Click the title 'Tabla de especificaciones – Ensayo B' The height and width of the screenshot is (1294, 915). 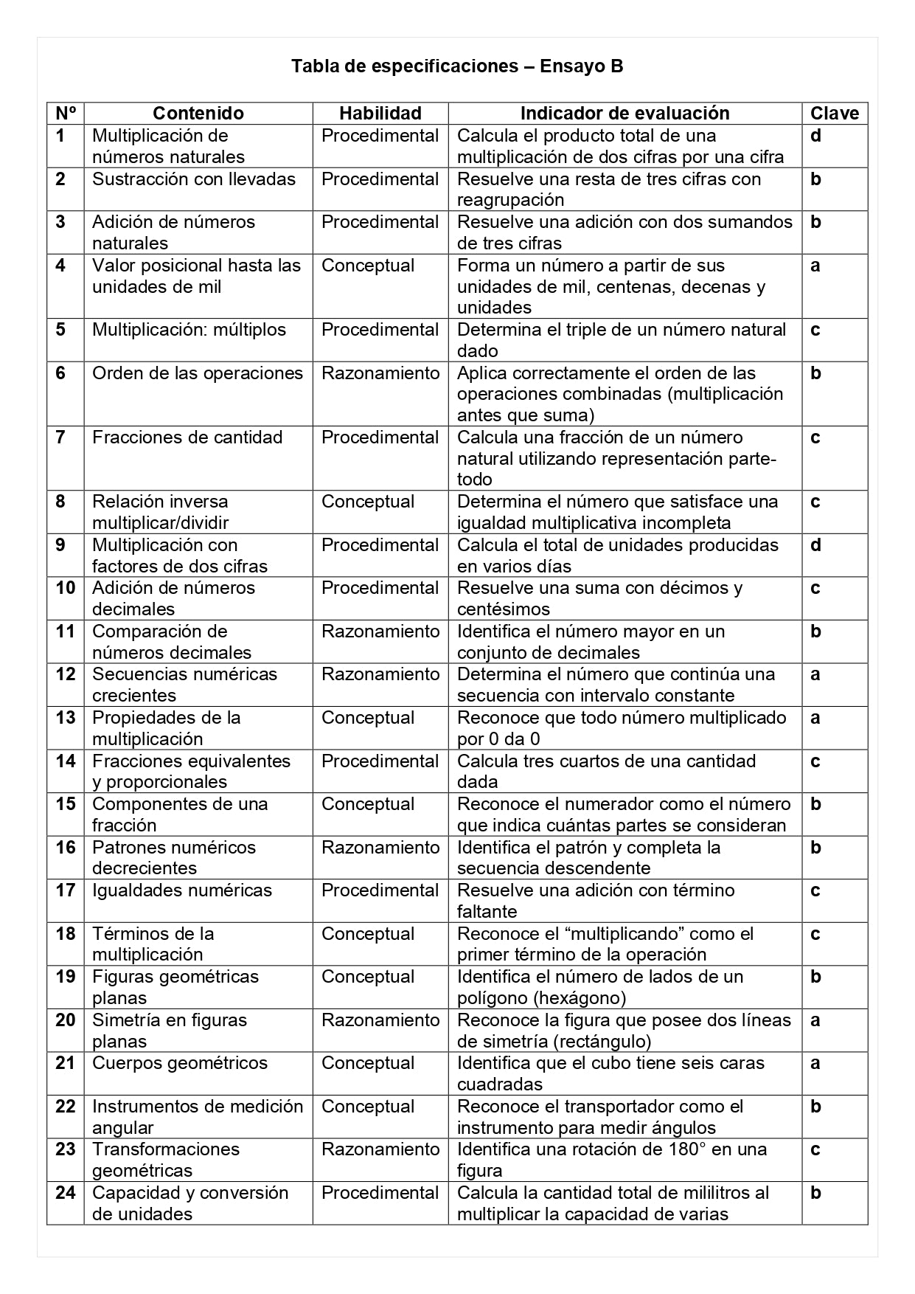point(457,66)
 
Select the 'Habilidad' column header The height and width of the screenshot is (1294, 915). point(380,113)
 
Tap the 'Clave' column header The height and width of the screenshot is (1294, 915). point(835,113)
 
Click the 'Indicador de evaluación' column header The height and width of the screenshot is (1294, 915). point(625,113)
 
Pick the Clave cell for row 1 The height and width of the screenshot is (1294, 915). point(815,136)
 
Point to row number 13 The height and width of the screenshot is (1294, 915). point(65,718)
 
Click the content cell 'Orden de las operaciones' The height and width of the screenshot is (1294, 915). point(197,373)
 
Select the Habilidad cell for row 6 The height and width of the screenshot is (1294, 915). point(380,373)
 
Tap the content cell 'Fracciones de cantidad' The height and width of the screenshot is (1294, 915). point(187,437)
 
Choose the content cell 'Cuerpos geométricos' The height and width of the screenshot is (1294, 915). point(180,1063)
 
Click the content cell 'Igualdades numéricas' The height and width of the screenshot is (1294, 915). point(181,890)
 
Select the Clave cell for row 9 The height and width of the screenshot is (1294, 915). point(815,545)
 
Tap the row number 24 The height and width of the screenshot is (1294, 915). point(65,1193)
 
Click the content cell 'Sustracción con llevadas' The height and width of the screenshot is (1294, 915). point(193,179)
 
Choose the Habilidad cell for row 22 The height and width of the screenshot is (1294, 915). point(368,1107)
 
